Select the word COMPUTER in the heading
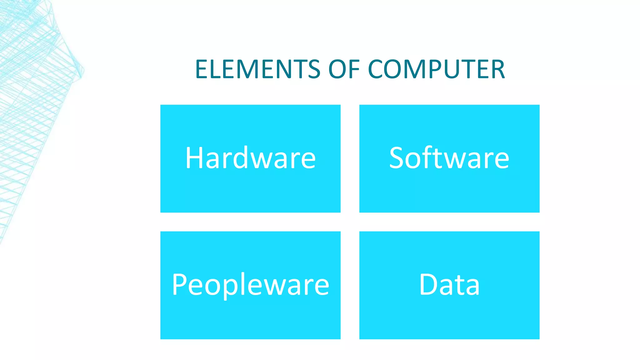436,69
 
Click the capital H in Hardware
194,158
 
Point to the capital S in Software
398,158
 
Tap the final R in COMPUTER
497,69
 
